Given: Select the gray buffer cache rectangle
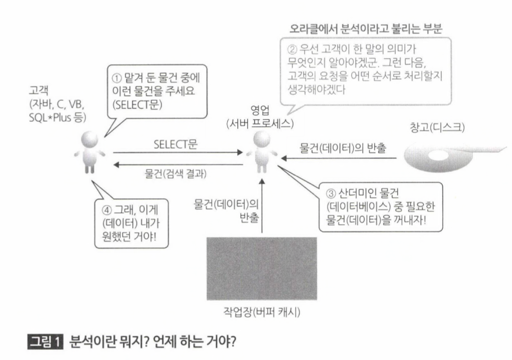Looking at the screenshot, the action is [262, 268].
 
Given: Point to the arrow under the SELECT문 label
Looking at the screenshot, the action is [178, 152].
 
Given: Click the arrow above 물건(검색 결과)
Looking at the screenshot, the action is [178, 165].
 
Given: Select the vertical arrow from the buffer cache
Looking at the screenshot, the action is [262, 205].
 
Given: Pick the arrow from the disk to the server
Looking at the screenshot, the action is [339, 158].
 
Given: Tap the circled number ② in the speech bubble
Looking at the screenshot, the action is [292, 49].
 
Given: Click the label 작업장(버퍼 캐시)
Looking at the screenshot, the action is [262, 312].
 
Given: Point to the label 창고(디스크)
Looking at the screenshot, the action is [437, 127].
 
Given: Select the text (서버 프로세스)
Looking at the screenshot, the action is [260, 124].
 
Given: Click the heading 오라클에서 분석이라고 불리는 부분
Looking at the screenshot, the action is [365, 29].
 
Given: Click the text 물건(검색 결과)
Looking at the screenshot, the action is [175, 174].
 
